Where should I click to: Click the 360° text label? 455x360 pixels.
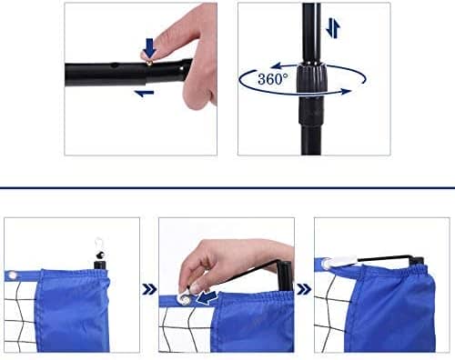pyautogui.click(x=273, y=79)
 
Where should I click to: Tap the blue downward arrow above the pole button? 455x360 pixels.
pyautogui.click(x=149, y=47)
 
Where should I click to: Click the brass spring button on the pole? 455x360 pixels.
pyautogui.click(x=149, y=63)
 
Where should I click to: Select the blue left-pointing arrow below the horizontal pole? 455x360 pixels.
pyautogui.click(x=144, y=94)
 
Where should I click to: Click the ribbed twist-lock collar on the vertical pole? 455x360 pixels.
pyautogui.click(x=311, y=79)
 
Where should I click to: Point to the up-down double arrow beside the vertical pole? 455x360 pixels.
pyautogui.click(x=333, y=28)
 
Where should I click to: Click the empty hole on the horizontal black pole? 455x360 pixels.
pyautogui.click(x=115, y=65)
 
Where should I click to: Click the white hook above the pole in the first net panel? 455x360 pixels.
pyautogui.click(x=98, y=244)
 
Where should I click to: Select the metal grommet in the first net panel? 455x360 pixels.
pyautogui.click(x=12, y=275)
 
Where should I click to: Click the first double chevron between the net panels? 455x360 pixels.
pyautogui.click(x=149, y=290)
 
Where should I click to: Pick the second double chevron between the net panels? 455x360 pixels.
pyautogui.click(x=304, y=289)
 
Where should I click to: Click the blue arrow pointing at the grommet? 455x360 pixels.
pyautogui.click(x=207, y=297)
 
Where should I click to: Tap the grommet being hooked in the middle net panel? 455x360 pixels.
pyautogui.click(x=184, y=299)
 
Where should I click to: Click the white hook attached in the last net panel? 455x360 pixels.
pyautogui.click(x=341, y=261)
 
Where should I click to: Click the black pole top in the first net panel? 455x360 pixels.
pyautogui.click(x=99, y=265)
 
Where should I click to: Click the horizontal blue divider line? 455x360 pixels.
pyautogui.click(x=227, y=188)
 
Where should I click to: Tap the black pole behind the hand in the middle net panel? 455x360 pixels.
pyautogui.click(x=286, y=275)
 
